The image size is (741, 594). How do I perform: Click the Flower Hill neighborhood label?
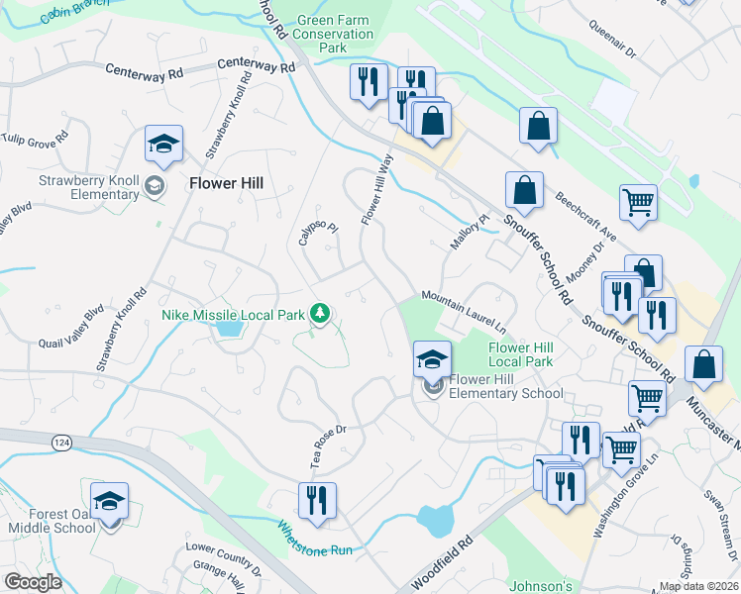click(x=226, y=183)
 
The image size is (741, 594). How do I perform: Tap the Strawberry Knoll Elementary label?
click(x=89, y=187)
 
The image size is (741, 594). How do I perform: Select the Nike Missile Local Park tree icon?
click(x=319, y=315)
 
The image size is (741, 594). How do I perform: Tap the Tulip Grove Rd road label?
click(x=36, y=138)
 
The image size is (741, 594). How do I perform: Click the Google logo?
click(x=33, y=582)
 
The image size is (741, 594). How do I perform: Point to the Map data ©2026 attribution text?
click(x=698, y=586)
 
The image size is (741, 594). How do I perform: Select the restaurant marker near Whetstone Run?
click(x=317, y=500)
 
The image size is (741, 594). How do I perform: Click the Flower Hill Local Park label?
click(x=520, y=354)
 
